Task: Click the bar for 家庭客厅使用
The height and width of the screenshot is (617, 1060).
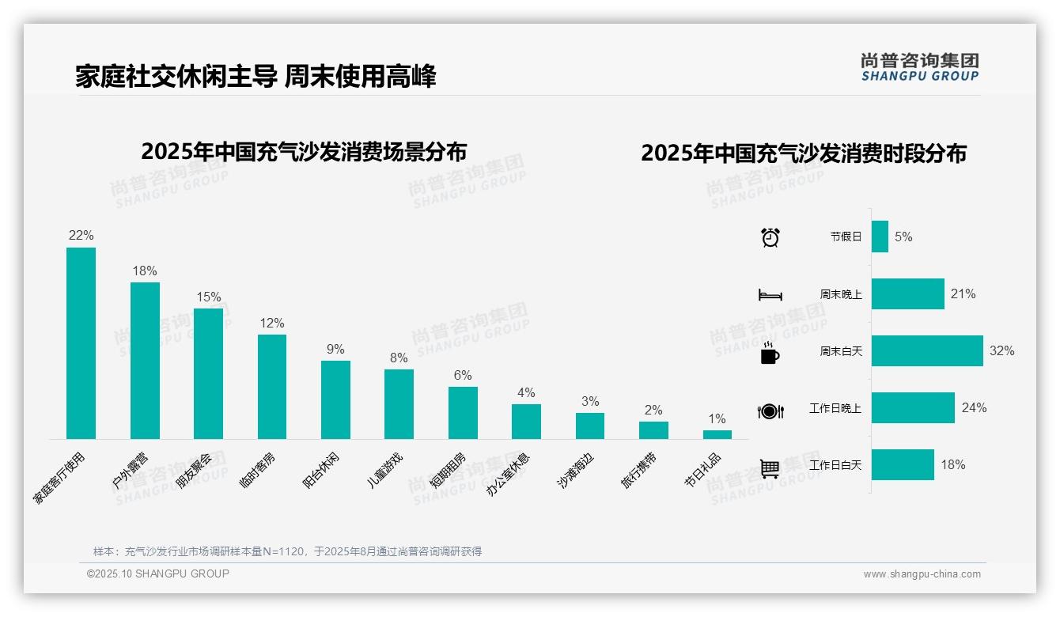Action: (81, 343)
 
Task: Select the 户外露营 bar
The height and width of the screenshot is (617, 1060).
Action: (145, 361)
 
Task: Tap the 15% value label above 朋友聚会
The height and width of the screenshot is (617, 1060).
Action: (209, 297)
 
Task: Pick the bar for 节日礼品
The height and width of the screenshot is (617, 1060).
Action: (717, 434)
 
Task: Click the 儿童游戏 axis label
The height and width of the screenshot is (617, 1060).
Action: (385, 470)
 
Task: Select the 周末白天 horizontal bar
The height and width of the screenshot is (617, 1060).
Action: (927, 350)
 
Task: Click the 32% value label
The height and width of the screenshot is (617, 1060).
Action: (1001, 350)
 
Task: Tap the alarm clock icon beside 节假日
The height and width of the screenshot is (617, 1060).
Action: (770, 237)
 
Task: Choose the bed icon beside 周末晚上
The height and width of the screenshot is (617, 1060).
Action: (770, 294)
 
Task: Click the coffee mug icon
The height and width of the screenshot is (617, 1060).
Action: (770, 354)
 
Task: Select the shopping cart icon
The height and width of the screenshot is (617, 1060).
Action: (770, 468)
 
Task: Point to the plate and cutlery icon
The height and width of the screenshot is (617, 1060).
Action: (770, 411)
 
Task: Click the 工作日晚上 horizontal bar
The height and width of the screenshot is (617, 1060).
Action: (913, 407)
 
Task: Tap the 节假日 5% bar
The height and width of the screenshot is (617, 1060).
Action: (880, 237)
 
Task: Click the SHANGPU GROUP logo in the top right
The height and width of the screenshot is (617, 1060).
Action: (920, 67)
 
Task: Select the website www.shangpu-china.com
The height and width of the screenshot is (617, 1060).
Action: (922, 574)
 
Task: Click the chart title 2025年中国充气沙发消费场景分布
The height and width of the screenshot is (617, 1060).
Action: (304, 151)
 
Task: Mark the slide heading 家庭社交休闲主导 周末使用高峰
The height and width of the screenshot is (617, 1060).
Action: (256, 76)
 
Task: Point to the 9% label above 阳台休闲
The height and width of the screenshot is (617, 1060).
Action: (335, 350)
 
